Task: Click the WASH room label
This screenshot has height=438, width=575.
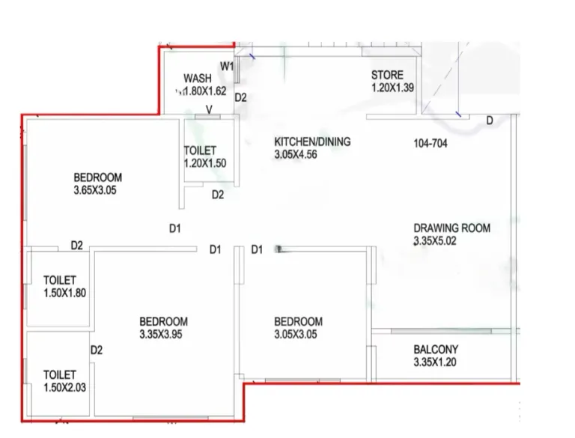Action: [198, 78]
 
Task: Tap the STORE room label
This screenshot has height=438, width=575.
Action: [387, 75]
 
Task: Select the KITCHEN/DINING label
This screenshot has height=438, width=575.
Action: [312, 142]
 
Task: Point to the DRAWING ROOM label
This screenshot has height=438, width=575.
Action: [451, 228]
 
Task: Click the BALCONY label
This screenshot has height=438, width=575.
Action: [436, 349]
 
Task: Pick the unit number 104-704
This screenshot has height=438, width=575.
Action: [431, 143]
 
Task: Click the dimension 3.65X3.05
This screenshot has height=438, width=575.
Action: [95, 190]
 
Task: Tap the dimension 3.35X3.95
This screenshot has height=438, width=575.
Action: [161, 334]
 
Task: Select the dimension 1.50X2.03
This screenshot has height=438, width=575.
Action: [65, 387]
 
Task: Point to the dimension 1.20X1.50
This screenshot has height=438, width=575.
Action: [205, 163]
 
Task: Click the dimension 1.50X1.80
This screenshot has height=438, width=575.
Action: [65, 293]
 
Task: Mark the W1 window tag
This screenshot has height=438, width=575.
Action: [227, 67]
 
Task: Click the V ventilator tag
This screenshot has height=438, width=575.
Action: [209, 109]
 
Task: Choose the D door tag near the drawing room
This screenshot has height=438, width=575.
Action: [490, 121]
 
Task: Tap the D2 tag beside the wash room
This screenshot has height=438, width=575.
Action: [240, 97]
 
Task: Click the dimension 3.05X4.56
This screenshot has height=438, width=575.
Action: [296, 154]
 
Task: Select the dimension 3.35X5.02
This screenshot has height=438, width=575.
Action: [435, 240]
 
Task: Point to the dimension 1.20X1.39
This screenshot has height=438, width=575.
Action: [392, 88]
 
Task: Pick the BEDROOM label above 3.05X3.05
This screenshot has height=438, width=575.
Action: [299, 321]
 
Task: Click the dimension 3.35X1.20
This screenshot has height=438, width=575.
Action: [435, 362]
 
